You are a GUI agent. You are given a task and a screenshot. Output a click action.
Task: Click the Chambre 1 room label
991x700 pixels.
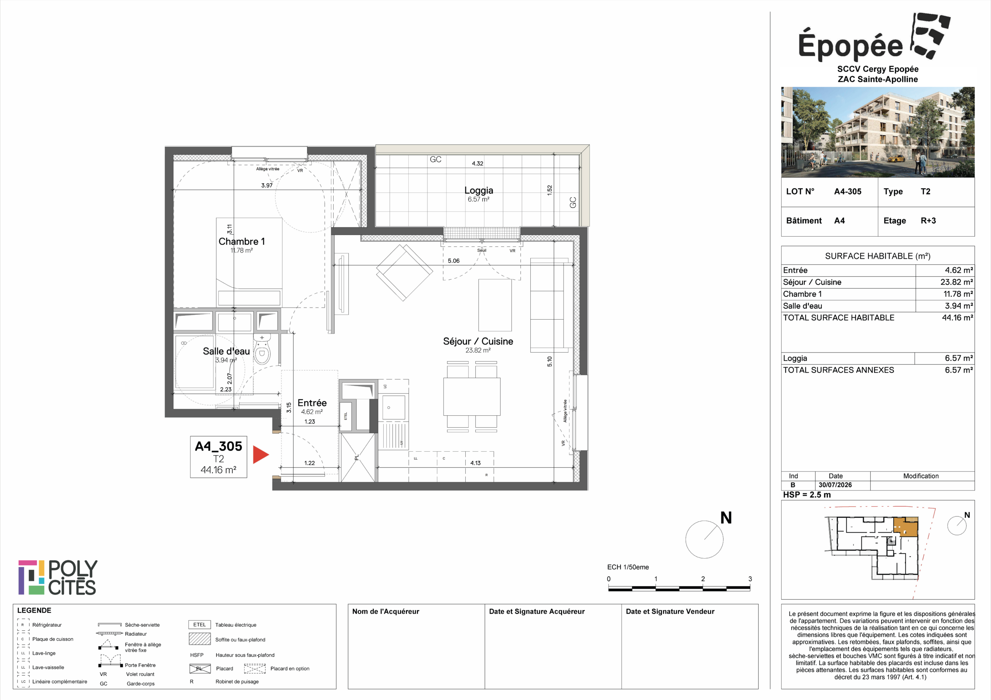point(242,241)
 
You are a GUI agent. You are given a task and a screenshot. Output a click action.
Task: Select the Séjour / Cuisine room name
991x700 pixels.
point(478,341)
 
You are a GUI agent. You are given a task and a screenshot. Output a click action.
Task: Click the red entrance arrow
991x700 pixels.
point(261,455)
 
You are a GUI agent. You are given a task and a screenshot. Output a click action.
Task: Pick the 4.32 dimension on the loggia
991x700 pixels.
point(477,163)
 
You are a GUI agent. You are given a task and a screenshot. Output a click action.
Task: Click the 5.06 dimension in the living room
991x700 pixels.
point(454,261)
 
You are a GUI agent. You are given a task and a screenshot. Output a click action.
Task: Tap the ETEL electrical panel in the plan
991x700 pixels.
point(346,416)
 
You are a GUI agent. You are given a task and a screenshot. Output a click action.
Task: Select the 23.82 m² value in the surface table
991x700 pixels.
point(957,282)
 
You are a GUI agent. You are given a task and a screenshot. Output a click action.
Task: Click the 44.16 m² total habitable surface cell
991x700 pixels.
point(957,318)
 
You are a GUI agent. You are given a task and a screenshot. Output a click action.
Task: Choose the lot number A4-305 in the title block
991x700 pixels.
point(848,192)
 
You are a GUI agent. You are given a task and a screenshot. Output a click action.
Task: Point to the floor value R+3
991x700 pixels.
point(928,221)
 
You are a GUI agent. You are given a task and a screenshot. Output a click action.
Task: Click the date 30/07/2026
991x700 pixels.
point(835,485)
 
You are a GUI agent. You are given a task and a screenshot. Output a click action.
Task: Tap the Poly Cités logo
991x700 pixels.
point(58,577)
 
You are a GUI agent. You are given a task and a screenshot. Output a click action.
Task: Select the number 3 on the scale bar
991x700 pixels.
point(750,579)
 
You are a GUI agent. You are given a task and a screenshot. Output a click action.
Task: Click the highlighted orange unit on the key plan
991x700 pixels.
point(905,527)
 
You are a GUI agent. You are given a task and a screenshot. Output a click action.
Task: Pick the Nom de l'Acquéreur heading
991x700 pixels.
point(386,611)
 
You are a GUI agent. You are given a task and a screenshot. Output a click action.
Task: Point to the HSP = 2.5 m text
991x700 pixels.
point(807,495)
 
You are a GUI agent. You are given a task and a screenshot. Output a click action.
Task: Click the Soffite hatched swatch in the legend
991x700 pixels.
point(199,639)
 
